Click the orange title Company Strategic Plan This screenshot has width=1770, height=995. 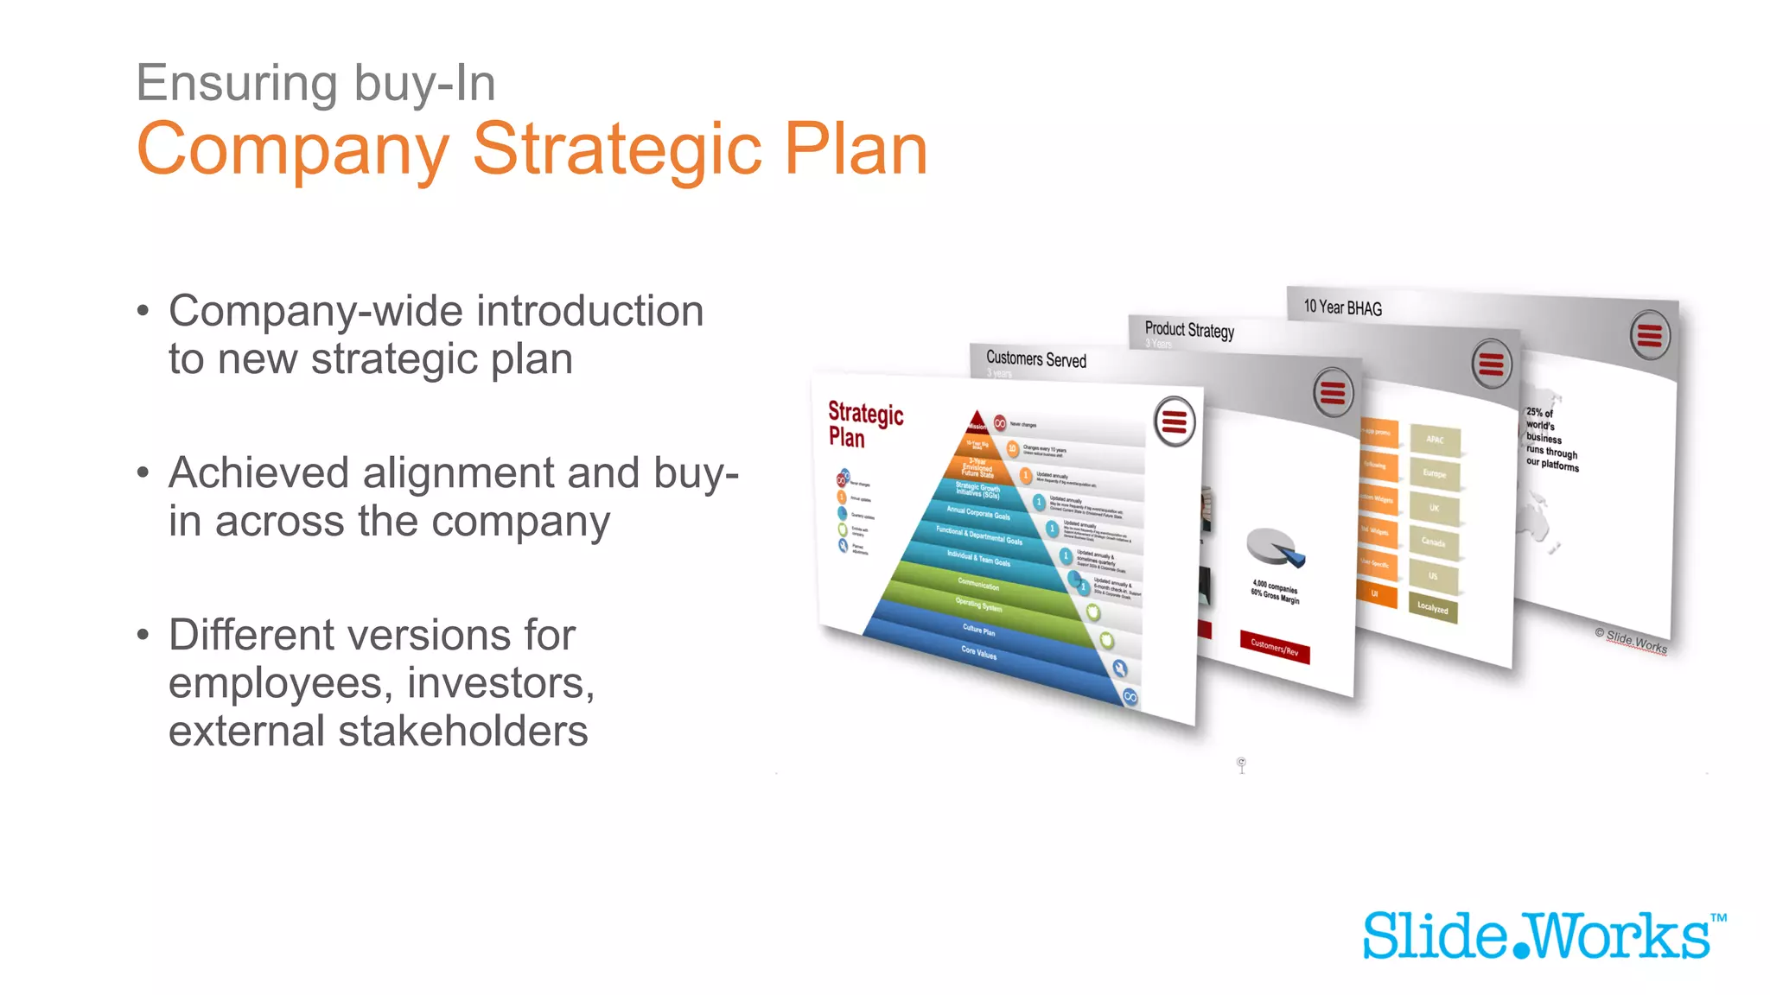coord(532,149)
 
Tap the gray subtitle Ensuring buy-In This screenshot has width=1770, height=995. coord(315,84)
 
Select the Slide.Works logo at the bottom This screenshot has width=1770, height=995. coord(1543,936)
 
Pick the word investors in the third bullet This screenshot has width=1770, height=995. coord(500,683)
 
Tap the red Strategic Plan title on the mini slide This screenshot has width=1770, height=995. coord(864,424)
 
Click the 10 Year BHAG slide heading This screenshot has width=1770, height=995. coord(1342,307)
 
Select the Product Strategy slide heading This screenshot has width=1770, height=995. coord(1189,330)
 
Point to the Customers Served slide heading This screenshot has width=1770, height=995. coord(1035,359)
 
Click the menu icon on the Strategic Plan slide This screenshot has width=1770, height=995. coord(1175,422)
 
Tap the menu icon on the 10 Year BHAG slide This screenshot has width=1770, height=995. coord(1650,335)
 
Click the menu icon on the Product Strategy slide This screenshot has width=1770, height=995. coord(1492,364)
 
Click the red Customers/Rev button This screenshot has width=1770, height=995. coord(1275,648)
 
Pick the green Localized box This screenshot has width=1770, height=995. coord(1432,608)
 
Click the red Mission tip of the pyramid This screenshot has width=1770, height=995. coord(977,423)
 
